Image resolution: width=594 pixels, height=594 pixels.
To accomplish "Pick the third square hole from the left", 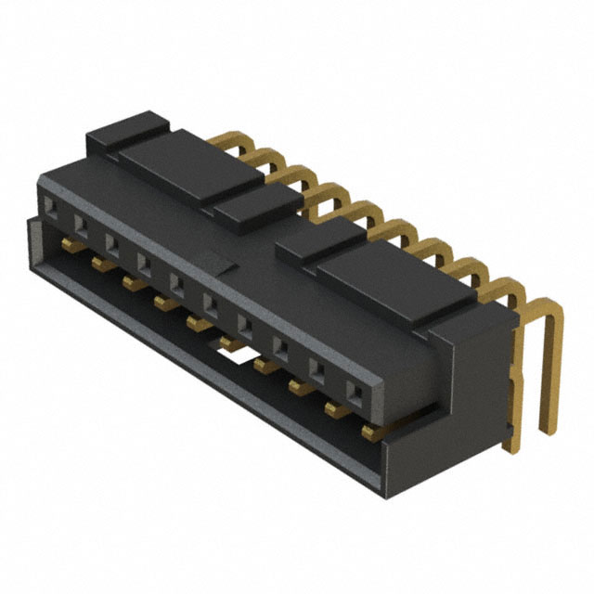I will point(111,243).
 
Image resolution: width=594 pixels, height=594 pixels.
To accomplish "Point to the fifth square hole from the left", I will point(176,282).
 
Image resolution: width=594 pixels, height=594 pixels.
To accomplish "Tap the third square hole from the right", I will point(280,346).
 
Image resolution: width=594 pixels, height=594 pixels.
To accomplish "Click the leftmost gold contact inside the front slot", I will point(67,243).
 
